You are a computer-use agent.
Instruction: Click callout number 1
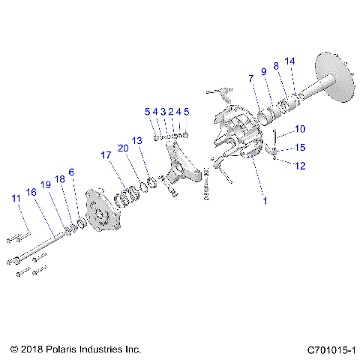click(263, 201)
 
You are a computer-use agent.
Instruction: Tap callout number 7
click(251, 78)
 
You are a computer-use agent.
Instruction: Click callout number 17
click(107, 155)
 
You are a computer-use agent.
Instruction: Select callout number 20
click(123, 148)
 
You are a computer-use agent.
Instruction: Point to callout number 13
click(136, 140)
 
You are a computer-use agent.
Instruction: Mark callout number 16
click(31, 192)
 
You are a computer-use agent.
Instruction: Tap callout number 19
click(46, 184)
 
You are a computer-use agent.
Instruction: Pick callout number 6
click(71, 172)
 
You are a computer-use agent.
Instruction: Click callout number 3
click(163, 111)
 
